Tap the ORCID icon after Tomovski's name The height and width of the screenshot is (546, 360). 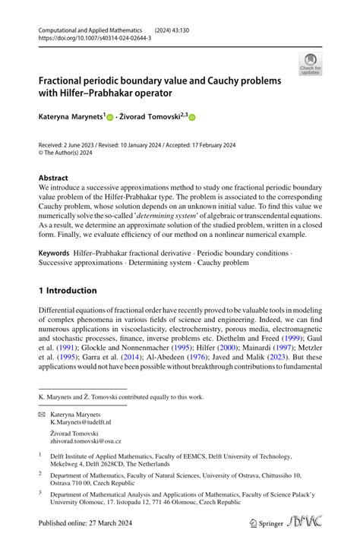(x=192, y=118)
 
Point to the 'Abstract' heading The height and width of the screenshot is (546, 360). (x=57, y=178)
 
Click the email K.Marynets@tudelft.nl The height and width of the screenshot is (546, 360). (x=81, y=424)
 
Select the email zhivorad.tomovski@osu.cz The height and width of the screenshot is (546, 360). (x=85, y=440)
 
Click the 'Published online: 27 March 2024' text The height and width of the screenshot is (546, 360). (x=88, y=525)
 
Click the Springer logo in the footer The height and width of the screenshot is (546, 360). (x=267, y=525)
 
